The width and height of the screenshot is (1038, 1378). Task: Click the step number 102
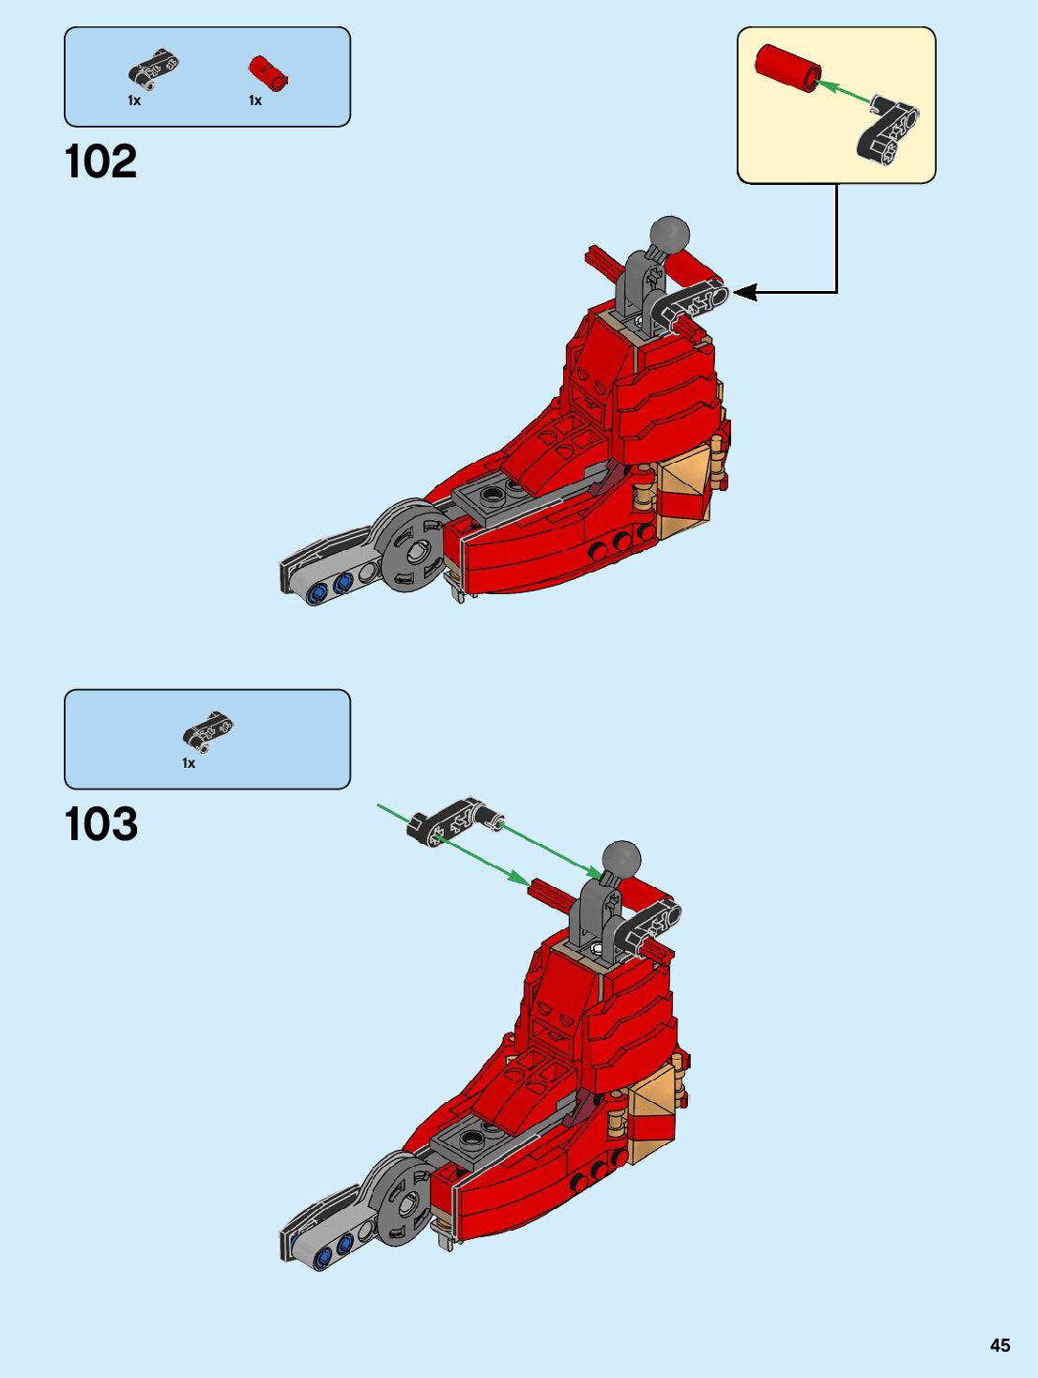pyautogui.click(x=101, y=161)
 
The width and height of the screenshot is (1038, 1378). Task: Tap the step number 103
pyautogui.click(x=101, y=824)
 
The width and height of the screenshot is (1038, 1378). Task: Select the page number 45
pyautogui.click(x=1000, y=1345)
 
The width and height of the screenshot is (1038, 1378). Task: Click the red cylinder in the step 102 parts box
pyautogui.click(x=267, y=71)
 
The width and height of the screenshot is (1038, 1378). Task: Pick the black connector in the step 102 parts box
pyautogui.click(x=153, y=68)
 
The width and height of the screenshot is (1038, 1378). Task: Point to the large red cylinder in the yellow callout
pyautogui.click(x=788, y=69)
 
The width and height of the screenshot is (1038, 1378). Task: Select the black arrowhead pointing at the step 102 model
pyautogui.click(x=745, y=293)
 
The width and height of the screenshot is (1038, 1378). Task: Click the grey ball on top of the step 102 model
pyautogui.click(x=670, y=235)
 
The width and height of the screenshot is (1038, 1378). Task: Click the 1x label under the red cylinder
pyautogui.click(x=255, y=100)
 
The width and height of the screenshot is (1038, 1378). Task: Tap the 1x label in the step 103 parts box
pyautogui.click(x=189, y=763)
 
